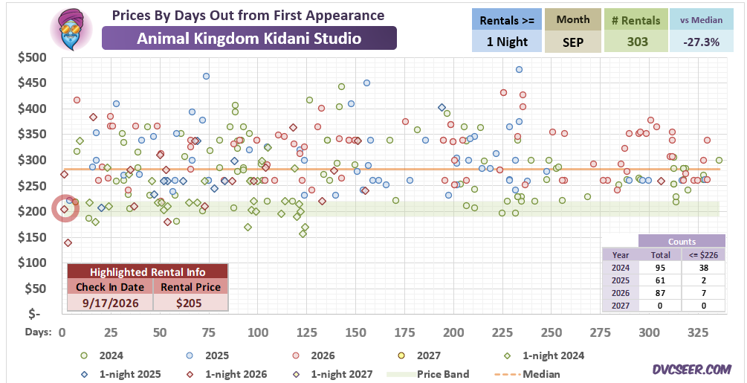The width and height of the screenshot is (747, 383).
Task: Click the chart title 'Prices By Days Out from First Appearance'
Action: [x=248, y=15]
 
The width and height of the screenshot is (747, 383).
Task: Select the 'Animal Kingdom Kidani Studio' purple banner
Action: [x=249, y=38]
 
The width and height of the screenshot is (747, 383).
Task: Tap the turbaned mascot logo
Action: [x=71, y=28]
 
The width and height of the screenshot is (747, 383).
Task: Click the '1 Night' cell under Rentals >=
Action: [x=508, y=42]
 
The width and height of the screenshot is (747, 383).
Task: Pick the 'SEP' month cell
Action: [x=573, y=42]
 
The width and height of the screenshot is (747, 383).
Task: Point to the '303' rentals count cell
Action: [x=638, y=42]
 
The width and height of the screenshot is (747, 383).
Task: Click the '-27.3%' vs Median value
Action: [x=700, y=42]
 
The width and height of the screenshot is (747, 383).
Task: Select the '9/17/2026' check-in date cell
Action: [x=109, y=303]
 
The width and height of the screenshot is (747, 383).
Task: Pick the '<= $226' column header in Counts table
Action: [x=704, y=255]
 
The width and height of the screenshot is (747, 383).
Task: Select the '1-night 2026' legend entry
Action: [x=231, y=374]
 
